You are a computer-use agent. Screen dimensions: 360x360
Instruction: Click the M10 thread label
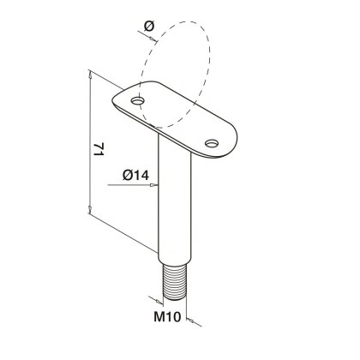click(167, 316)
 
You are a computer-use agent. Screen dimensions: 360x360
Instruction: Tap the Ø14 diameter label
click(135, 175)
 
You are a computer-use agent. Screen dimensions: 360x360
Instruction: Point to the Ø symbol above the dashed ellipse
click(149, 27)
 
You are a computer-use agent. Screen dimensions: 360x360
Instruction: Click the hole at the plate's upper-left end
click(137, 100)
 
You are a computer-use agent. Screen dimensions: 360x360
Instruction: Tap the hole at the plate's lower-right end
click(212, 143)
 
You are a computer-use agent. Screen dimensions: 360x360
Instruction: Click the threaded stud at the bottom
click(175, 282)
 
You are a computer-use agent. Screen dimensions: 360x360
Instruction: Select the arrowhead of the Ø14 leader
click(154, 185)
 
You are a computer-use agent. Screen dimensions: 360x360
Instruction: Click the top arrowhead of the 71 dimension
click(90, 75)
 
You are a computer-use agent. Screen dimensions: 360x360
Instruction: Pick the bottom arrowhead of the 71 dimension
click(90, 209)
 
